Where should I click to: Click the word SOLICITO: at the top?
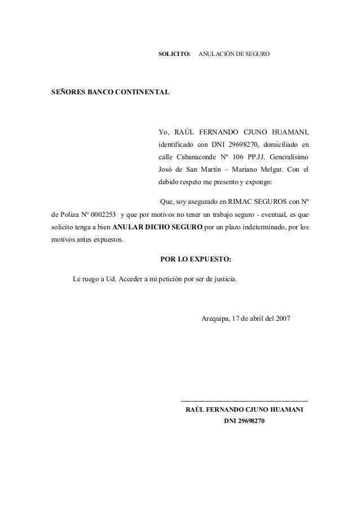174,55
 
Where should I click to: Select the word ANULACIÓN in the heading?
216,55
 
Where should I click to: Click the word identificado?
176,143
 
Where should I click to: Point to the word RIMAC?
239,202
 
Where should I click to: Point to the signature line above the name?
243,400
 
